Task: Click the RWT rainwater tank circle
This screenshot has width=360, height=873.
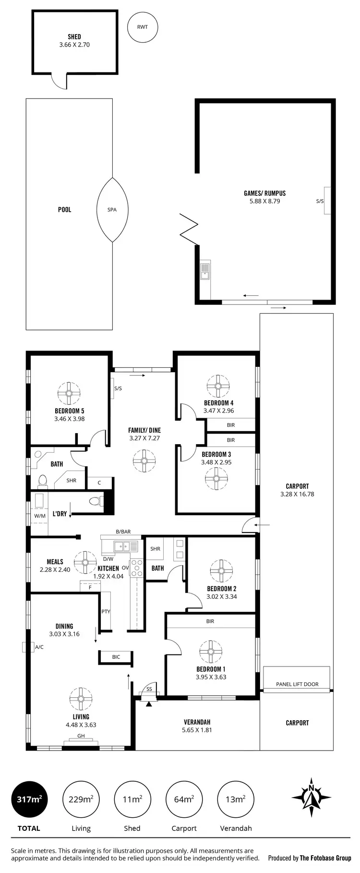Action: (x=143, y=27)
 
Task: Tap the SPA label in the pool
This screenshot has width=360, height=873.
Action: (x=112, y=209)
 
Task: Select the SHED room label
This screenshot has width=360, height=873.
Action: (x=74, y=36)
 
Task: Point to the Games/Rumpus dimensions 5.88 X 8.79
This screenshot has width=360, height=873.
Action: (x=264, y=201)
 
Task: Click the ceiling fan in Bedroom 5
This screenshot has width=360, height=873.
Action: (x=69, y=393)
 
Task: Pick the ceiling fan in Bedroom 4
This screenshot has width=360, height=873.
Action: (x=218, y=386)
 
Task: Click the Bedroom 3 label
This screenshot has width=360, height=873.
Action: (x=216, y=454)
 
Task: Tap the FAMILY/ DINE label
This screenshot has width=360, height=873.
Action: (x=144, y=430)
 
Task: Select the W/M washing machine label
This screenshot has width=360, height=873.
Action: (x=39, y=516)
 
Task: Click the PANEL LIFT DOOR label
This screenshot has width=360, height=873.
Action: (x=297, y=684)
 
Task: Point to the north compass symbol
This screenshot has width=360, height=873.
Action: (x=312, y=797)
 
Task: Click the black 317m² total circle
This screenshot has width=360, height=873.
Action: (x=29, y=800)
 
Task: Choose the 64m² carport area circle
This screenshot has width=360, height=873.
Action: (x=184, y=800)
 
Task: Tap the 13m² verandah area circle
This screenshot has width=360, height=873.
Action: (x=236, y=800)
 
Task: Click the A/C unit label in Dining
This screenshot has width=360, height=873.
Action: (x=39, y=647)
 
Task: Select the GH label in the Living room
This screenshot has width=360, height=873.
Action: (x=81, y=736)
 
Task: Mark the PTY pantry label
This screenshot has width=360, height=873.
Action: (x=106, y=611)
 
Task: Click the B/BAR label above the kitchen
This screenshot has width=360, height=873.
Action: (x=123, y=532)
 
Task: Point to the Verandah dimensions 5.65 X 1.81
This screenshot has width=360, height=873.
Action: (x=197, y=730)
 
